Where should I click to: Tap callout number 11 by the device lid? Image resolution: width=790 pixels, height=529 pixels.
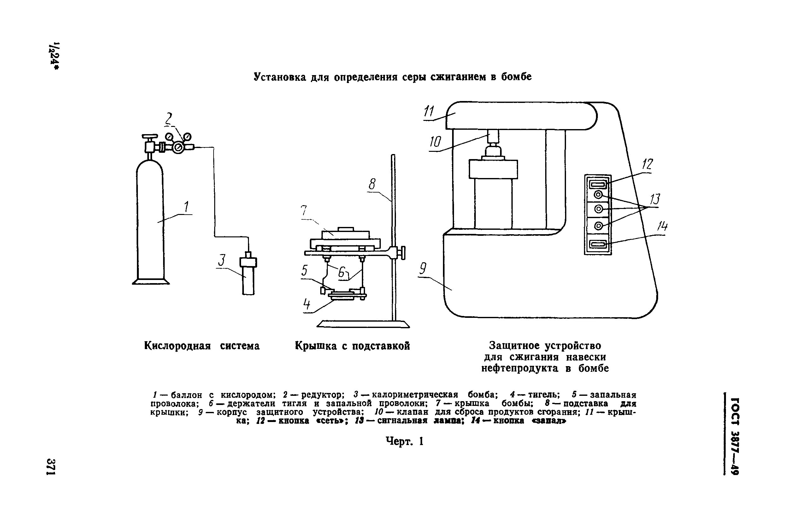click(x=429, y=111)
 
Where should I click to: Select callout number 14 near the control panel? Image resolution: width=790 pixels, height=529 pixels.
click(x=662, y=227)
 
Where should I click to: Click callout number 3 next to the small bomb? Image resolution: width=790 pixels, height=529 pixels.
click(x=221, y=260)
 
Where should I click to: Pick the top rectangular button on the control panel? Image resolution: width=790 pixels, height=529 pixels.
click(x=598, y=184)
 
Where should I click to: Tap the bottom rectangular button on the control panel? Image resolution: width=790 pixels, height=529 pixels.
click(x=598, y=244)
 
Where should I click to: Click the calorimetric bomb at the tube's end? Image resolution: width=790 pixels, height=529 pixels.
click(x=248, y=274)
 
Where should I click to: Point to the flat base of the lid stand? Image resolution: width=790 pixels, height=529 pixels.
click(x=363, y=324)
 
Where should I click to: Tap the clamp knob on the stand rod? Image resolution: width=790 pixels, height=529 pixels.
click(x=402, y=253)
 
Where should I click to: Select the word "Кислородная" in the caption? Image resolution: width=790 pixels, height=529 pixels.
click(x=177, y=346)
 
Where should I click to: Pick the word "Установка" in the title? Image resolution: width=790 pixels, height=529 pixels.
click(x=280, y=77)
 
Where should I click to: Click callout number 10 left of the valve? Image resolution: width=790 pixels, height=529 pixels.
click(x=435, y=142)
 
